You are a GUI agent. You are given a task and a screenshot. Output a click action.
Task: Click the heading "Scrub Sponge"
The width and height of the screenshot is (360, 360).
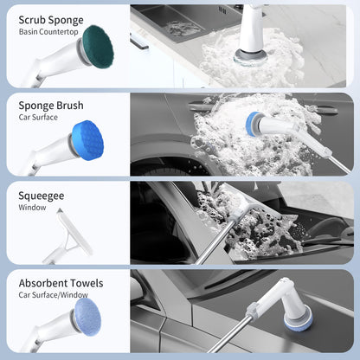coord(51,21)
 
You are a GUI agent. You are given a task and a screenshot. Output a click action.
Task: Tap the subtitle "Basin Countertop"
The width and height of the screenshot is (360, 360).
coord(48,32)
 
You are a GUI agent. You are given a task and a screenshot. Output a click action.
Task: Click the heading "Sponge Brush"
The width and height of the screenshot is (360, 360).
coord(51,106)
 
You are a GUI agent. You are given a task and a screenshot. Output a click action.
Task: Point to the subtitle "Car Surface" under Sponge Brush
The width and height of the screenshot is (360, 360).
coord(38,118)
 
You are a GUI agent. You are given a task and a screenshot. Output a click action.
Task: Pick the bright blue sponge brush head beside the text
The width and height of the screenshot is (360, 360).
coord(88,140)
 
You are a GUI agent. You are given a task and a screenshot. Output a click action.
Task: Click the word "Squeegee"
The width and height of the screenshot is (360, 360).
coord(42,196)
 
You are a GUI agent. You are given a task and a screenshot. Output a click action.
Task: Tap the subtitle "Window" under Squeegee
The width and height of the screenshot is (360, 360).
coord(32,208)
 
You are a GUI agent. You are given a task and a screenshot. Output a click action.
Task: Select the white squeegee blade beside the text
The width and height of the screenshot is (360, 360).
coord(75,232)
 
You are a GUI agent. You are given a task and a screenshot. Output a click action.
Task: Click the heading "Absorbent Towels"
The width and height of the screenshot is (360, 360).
coord(61,283)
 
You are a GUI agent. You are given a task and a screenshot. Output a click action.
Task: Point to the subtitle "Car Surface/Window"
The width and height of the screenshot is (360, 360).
coord(54,295)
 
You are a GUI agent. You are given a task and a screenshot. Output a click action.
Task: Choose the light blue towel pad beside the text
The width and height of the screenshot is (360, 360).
coord(87,317)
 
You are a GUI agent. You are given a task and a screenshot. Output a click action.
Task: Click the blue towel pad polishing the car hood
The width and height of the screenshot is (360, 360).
coord(299,321)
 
